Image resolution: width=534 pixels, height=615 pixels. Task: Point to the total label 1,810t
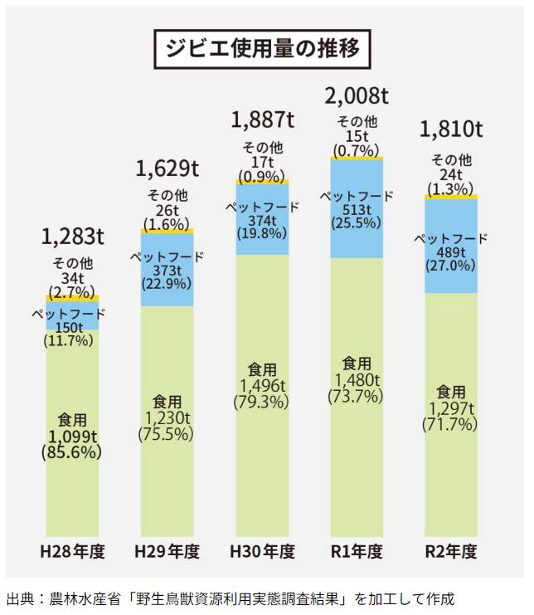451,129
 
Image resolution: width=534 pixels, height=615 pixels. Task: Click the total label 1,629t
167,169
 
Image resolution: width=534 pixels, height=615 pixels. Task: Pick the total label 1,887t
262,119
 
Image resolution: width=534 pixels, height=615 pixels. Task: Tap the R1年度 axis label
357,552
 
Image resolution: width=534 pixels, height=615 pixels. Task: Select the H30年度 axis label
262,552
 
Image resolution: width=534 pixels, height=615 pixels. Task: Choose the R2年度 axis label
451,552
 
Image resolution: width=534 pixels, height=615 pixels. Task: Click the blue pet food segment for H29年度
167,270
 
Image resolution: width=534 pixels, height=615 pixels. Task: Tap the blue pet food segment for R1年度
357,207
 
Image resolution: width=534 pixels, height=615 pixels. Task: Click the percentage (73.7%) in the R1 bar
357,396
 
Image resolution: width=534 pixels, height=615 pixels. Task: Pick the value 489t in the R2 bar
451,252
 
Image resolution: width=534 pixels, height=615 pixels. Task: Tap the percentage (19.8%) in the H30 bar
262,234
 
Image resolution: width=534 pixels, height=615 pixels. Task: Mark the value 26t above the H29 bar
167,210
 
